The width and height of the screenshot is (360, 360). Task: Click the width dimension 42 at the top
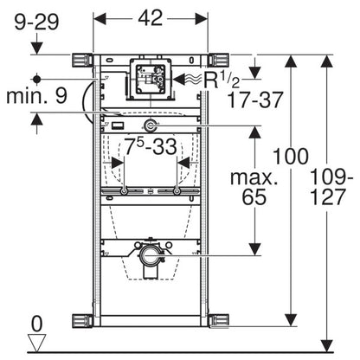pos(151,18)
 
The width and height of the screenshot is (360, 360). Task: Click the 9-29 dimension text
pos(36,22)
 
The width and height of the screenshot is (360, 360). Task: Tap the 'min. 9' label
pos(36,96)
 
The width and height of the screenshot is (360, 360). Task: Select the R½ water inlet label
pos(222,80)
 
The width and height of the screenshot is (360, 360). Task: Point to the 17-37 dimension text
pos(255,100)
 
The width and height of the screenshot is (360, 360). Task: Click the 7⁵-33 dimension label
pos(151,146)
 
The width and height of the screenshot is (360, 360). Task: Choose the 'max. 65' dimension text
pos(254,188)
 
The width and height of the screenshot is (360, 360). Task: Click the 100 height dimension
pos(291,157)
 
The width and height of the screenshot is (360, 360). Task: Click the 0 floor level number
pos(36,324)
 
